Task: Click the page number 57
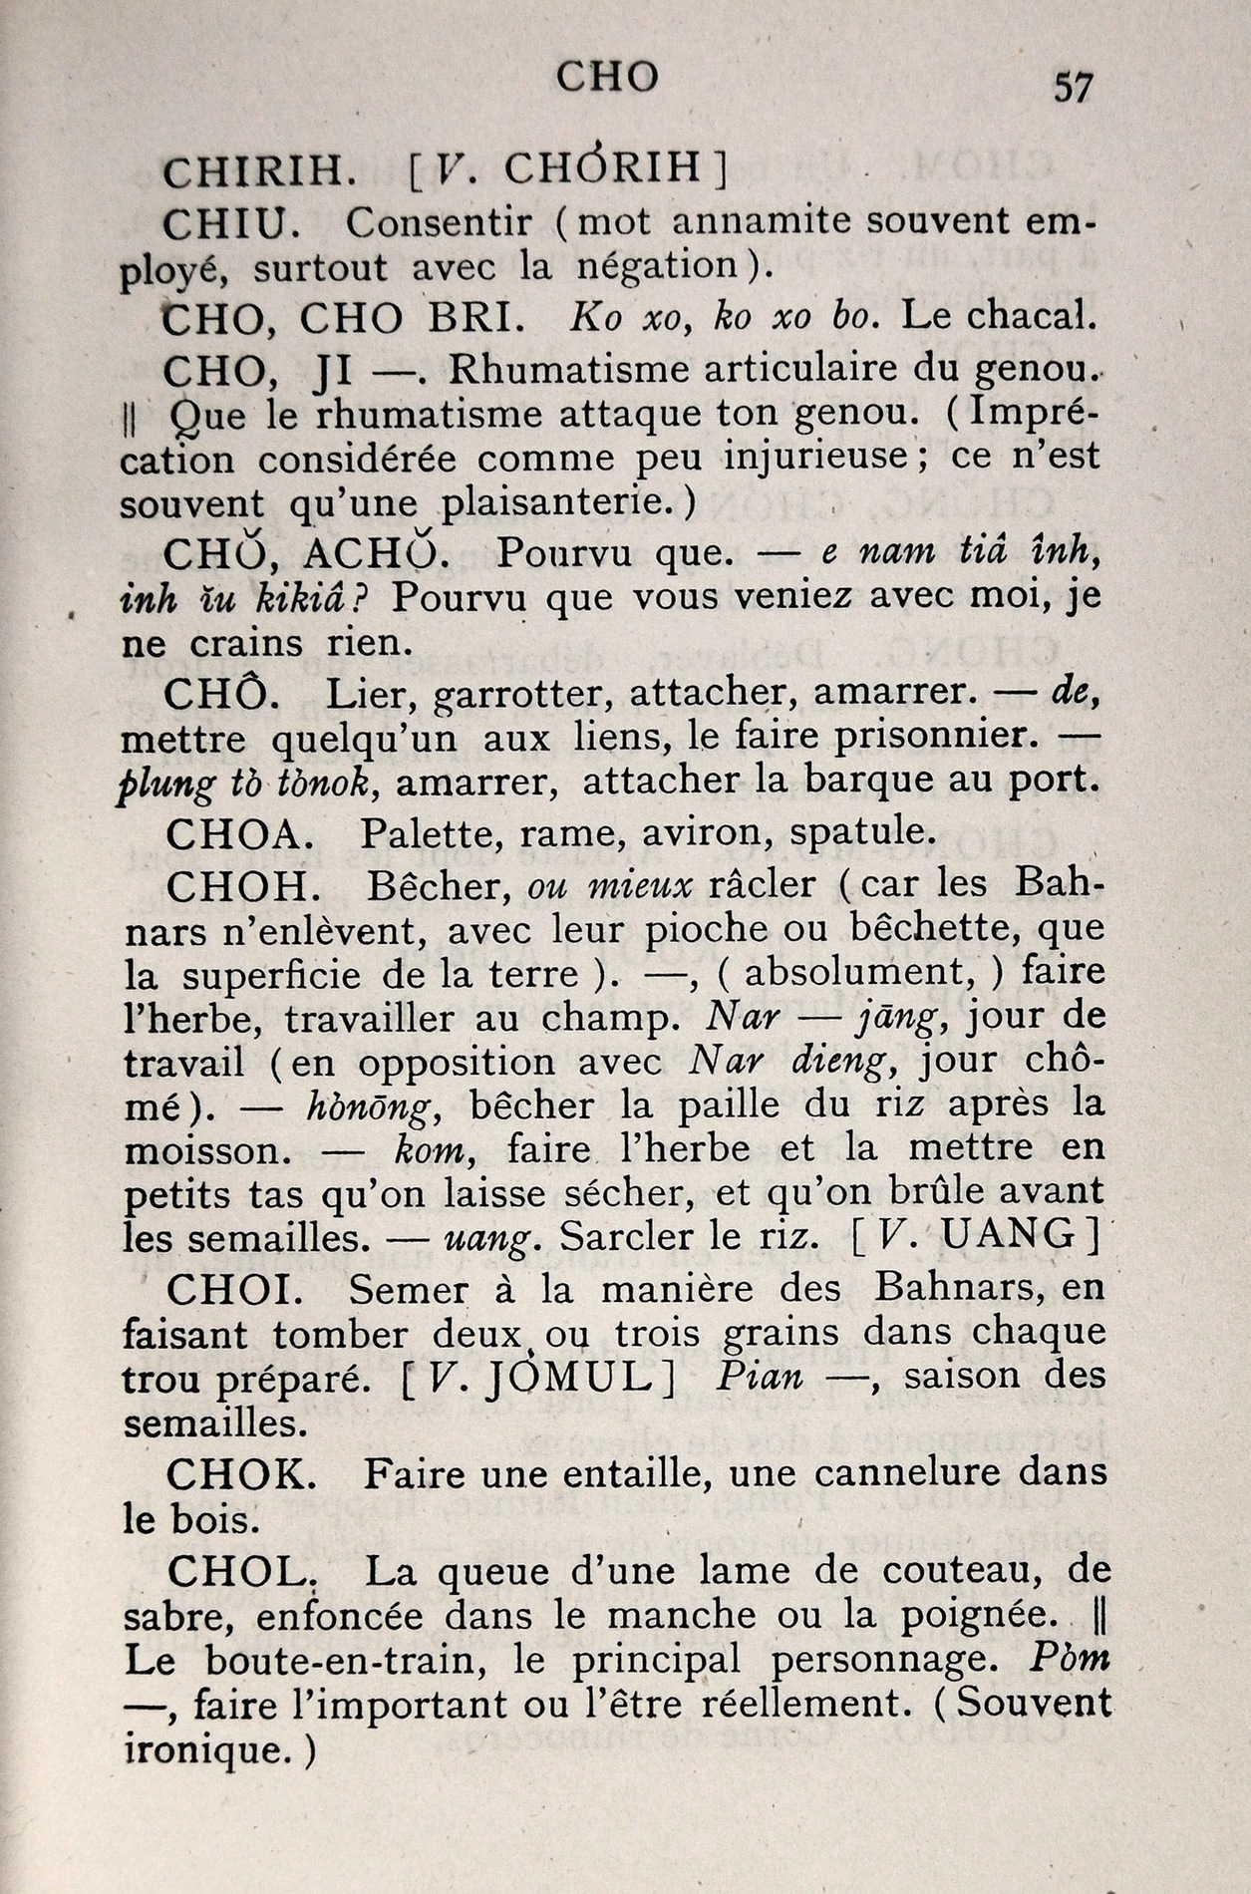[1073, 88]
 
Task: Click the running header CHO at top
[607, 77]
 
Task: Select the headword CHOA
[240, 831]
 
